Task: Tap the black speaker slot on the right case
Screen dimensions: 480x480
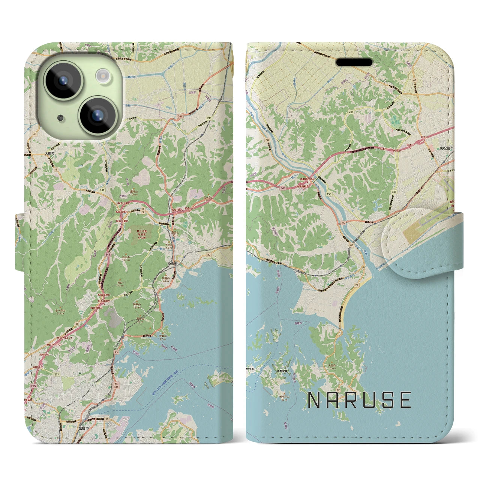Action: point(354,62)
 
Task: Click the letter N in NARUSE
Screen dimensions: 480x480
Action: point(314,400)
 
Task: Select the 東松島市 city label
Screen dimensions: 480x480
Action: point(446,148)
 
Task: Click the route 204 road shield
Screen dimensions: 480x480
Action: point(351,112)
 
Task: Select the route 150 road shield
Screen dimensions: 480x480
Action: point(329,194)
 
